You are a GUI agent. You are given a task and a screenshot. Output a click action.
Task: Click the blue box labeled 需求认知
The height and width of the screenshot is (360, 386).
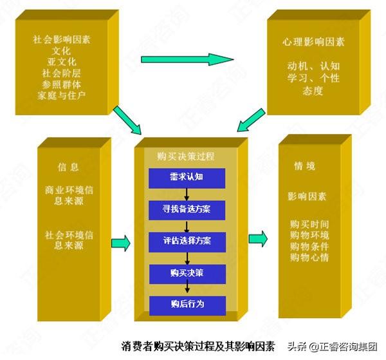187,178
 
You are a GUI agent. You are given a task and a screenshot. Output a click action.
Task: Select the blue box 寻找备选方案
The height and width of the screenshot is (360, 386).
187,210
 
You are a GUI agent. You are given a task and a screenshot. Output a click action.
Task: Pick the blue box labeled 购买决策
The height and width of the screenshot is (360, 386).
187,274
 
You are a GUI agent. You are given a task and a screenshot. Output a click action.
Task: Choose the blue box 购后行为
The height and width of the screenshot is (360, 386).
187,305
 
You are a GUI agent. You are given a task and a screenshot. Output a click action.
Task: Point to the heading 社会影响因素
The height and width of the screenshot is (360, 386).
61,39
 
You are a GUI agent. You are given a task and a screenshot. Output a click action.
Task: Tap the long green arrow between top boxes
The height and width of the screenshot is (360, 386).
187,60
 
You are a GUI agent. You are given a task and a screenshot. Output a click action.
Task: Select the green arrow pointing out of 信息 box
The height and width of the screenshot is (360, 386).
120,243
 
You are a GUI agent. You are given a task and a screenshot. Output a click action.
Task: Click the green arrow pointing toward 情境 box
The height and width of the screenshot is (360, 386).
258,238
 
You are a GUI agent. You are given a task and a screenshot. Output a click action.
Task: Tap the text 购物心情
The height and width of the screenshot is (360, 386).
309,258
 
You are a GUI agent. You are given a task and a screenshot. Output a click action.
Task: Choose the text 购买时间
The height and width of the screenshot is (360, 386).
309,223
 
